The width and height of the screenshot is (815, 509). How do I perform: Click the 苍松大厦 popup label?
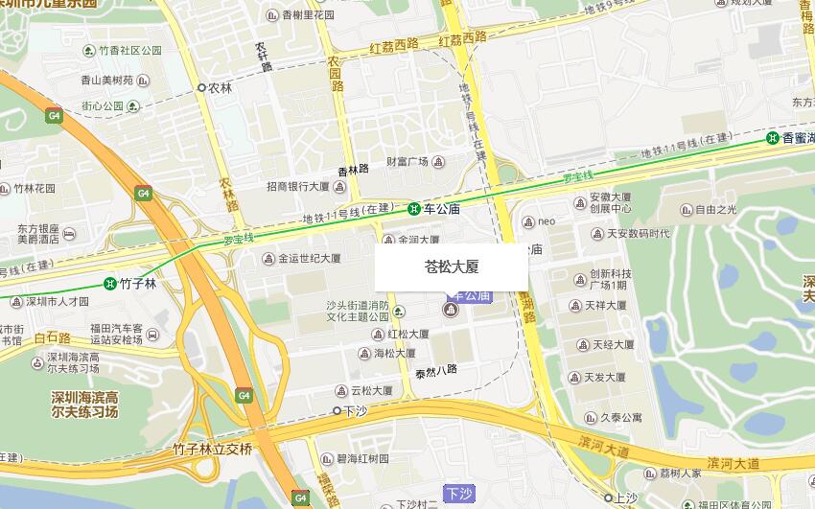451,267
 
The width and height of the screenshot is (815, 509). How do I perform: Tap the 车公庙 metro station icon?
413,209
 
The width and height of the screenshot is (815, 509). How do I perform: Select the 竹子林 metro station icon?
110,283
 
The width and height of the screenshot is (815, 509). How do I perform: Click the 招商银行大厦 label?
298,187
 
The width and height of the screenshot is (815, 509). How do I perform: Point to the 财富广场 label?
407,162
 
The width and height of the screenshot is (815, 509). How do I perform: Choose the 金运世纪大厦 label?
309,258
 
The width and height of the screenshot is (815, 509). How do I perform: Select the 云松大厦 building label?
371,391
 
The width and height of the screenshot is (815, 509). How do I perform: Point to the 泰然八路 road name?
436,369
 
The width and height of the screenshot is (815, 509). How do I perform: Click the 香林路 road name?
353,169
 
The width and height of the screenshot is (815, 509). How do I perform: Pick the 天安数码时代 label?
638,233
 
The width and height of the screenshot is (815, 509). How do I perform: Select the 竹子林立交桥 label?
213,449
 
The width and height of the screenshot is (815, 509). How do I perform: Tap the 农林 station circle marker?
201,87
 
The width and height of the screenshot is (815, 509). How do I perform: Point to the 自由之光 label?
715,209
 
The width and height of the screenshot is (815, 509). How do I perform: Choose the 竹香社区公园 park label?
129,50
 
